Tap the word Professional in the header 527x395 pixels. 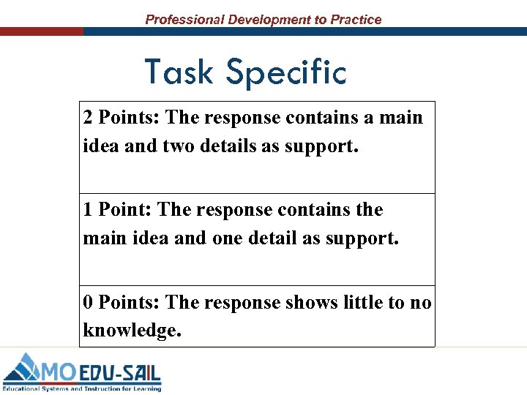tap(184, 20)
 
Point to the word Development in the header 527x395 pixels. tap(269, 20)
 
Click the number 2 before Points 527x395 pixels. tap(88, 118)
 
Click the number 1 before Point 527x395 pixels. tap(88, 210)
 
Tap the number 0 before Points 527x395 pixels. tap(88, 302)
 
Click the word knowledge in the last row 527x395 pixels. tap(130, 331)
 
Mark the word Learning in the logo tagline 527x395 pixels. tap(143, 388)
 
